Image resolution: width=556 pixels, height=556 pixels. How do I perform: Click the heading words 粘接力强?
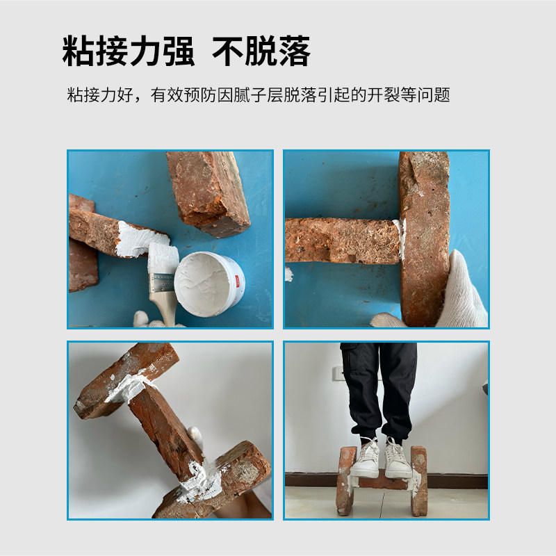128,51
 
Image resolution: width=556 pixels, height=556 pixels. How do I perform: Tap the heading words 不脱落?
261,51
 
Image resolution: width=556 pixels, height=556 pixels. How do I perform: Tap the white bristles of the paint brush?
161,256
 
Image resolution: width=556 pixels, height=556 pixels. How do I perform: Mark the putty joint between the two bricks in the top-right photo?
399,239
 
